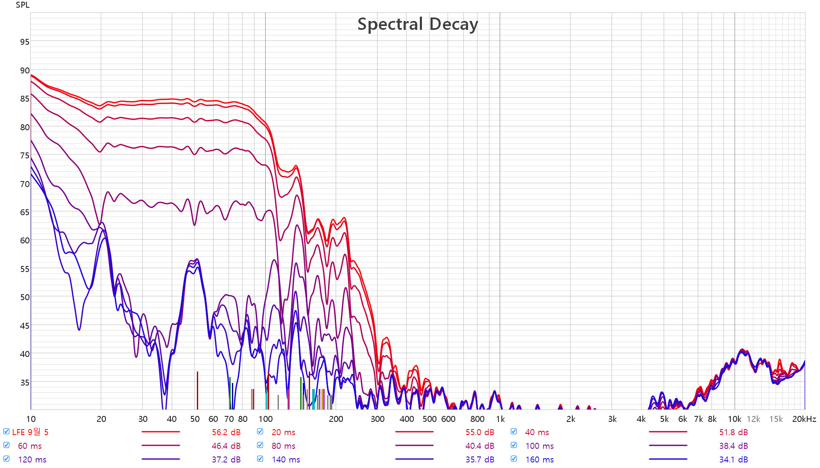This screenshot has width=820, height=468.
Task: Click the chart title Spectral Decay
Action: (417, 24)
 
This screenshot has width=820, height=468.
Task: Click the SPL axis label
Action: (23, 5)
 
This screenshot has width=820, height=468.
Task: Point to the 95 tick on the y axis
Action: (25, 42)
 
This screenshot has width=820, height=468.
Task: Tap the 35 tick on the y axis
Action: (25, 383)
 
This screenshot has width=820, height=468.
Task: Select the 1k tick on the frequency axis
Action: (500, 419)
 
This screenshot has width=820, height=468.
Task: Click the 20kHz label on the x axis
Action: (804, 419)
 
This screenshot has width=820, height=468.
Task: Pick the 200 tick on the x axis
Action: (336, 419)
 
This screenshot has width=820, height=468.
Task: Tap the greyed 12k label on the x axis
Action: (753, 419)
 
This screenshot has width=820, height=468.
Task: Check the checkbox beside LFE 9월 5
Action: (6, 432)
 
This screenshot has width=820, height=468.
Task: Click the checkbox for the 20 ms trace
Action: (260, 432)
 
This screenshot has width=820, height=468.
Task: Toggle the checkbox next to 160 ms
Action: (514, 459)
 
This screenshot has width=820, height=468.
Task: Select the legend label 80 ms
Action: (284, 446)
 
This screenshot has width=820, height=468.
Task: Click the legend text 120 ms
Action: (32, 460)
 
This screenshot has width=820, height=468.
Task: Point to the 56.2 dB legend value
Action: (226, 433)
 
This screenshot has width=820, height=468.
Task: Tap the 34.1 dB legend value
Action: (733, 460)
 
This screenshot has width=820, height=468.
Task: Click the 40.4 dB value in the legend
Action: (480, 446)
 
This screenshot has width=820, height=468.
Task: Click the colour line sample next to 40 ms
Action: (668, 432)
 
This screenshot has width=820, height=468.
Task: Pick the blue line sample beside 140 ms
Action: (414, 459)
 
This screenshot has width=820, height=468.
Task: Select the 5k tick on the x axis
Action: (664, 419)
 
